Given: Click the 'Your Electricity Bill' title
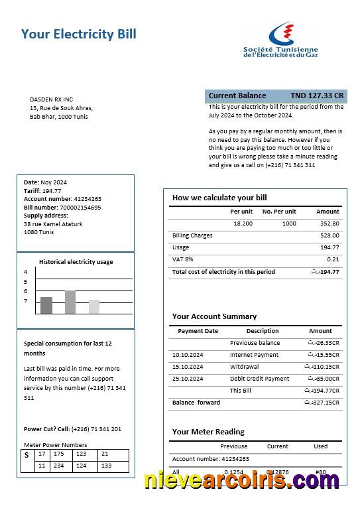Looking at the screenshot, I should (x=78, y=34).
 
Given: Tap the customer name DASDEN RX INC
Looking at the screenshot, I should (x=51, y=99).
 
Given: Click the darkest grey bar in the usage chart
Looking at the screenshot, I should (x=46, y=305).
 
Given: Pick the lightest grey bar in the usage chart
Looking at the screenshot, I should (x=94, y=306).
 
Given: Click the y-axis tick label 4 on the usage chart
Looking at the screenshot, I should (x=26, y=272).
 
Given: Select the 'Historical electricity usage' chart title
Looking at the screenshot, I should (x=76, y=262).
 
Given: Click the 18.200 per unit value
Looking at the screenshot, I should (x=243, y=224).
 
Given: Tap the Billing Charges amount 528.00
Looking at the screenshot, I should (x=330, y=235).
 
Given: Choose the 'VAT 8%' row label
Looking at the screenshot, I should (x=183, y=259).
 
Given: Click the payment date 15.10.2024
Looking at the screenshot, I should (x=188, y=367).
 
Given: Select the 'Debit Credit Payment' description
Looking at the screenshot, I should (x=259, y=379).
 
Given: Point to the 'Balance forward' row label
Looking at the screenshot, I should (x=196, y=403).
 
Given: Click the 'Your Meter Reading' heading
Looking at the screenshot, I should (x=208, y=432).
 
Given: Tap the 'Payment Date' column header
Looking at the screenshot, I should (x=198, y=331).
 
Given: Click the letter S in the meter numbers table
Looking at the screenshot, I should (x=27, y=455).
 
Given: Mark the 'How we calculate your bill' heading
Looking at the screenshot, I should (x=219, y=198).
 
